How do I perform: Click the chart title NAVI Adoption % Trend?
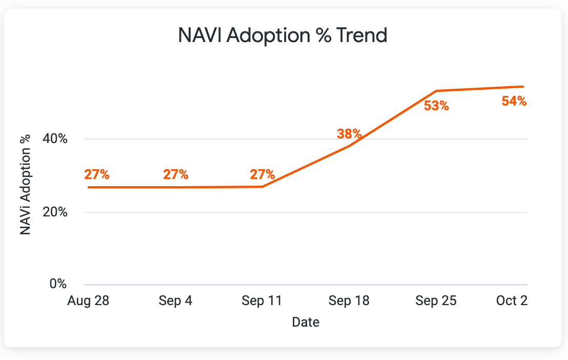click(282, 36)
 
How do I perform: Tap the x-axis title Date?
click(306, 322)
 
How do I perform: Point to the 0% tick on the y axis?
click(57, 284)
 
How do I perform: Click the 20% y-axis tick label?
click(54, 212)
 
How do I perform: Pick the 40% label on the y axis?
click(54, 139)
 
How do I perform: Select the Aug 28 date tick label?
click(88, 301)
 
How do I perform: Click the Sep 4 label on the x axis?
click(176, 301)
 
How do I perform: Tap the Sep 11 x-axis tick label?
click(262, 301)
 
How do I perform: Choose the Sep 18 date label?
click(349, 301)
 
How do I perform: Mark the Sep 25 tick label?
click(436, 301)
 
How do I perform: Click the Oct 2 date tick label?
click(512, 301)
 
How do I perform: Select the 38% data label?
click(350, 134)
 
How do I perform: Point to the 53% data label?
click(436, 106)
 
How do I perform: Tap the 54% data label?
click(514, 101)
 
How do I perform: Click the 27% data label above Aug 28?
click(97, 174)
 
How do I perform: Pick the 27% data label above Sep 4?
click(176, 174)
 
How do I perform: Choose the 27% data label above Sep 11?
click(262, 174)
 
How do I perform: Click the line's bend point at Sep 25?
click(436, 91)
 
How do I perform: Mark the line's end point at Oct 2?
click(523, 87)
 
